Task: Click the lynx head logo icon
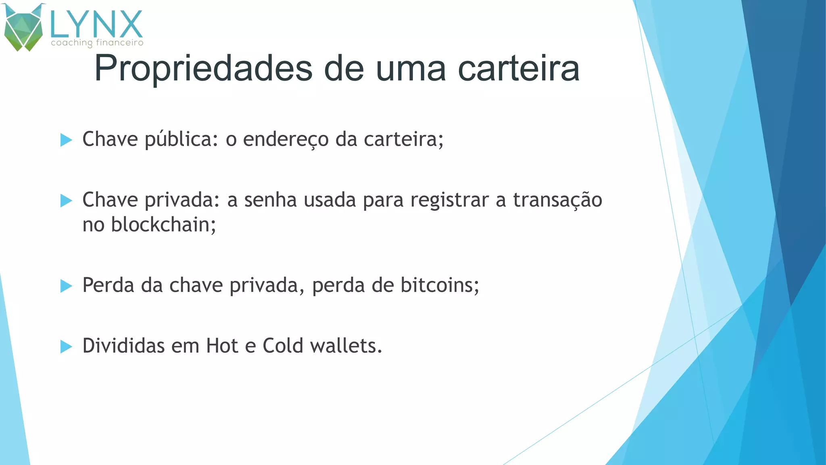[x=23, y=27]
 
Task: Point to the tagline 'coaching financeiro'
[x=97, y=43]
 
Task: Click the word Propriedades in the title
[x=203, y=69]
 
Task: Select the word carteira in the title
[x=519, y=69]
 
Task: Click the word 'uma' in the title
[x=411, y=69]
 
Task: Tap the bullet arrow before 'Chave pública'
[x=66, y=140]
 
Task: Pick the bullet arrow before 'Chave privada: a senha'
[x=66, y=201]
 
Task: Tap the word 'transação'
[x=557, y=200]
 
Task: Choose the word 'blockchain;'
[x=163, y=225]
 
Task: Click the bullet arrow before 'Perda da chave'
[x=66, y=286]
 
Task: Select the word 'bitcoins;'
[x=440, y=286]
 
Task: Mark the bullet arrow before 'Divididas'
[x=66, y=347]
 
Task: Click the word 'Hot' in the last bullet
[x=222, y=346]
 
